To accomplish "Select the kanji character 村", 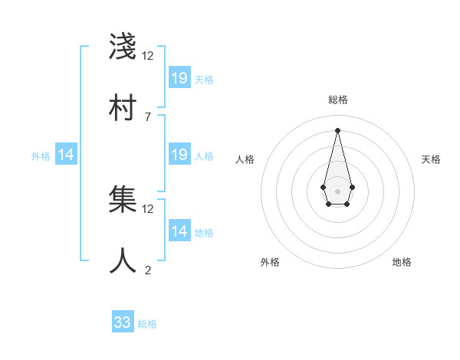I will (123, 108).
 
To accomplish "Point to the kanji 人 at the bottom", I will (123, 261).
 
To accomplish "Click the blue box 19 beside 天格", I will (179, 77).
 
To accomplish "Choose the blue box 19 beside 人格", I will (179, 155).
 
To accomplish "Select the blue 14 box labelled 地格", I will (179, 231).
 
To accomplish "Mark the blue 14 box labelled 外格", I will (66, 155).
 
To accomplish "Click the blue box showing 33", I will (123, 322).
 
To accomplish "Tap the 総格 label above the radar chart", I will (338, 100).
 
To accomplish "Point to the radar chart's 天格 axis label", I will (431, 159).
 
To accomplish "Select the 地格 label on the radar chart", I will (402, 262).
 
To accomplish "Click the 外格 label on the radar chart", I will (270, 262).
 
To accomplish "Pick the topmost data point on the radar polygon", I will (337, 130).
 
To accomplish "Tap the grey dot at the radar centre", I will (337, 190).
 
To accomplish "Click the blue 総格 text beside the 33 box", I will (147, 324).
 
